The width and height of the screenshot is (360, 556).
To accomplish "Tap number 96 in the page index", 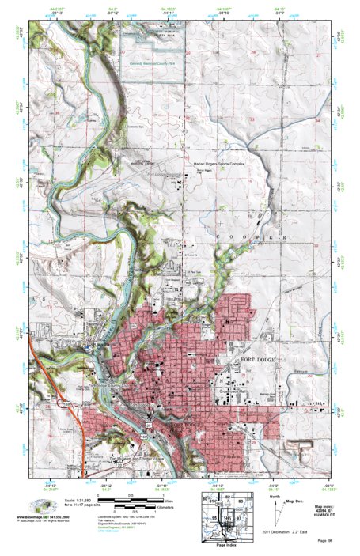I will [229, 519].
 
